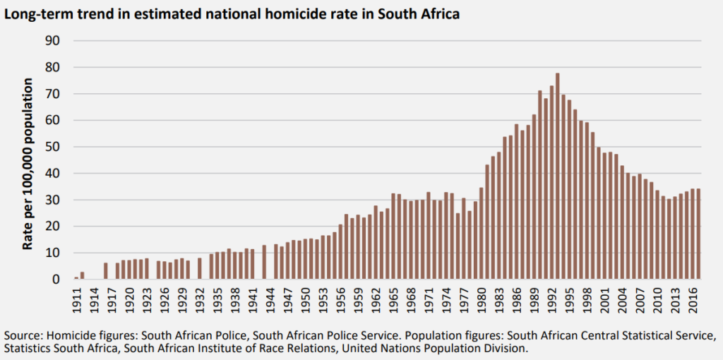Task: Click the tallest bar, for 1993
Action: [x=557, y=176]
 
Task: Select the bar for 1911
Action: [x=76, y=278]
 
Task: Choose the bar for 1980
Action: [x=481, y=234]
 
